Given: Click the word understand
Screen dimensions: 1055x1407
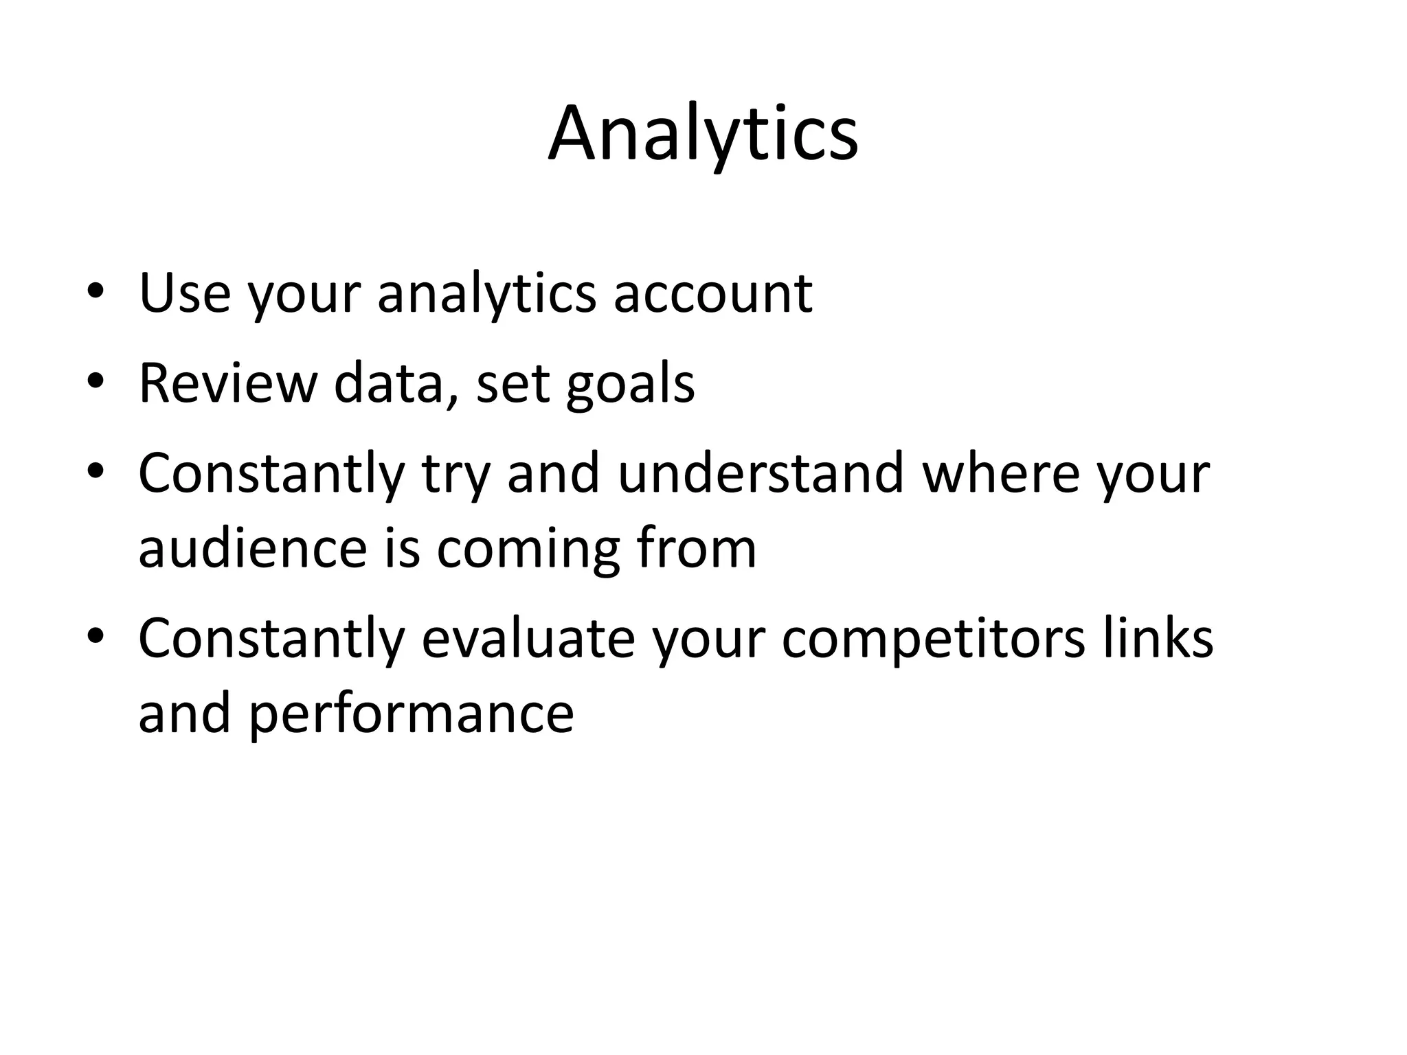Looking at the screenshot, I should coord(760,473).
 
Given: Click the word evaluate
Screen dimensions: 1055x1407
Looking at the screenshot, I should coord(528,638).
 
